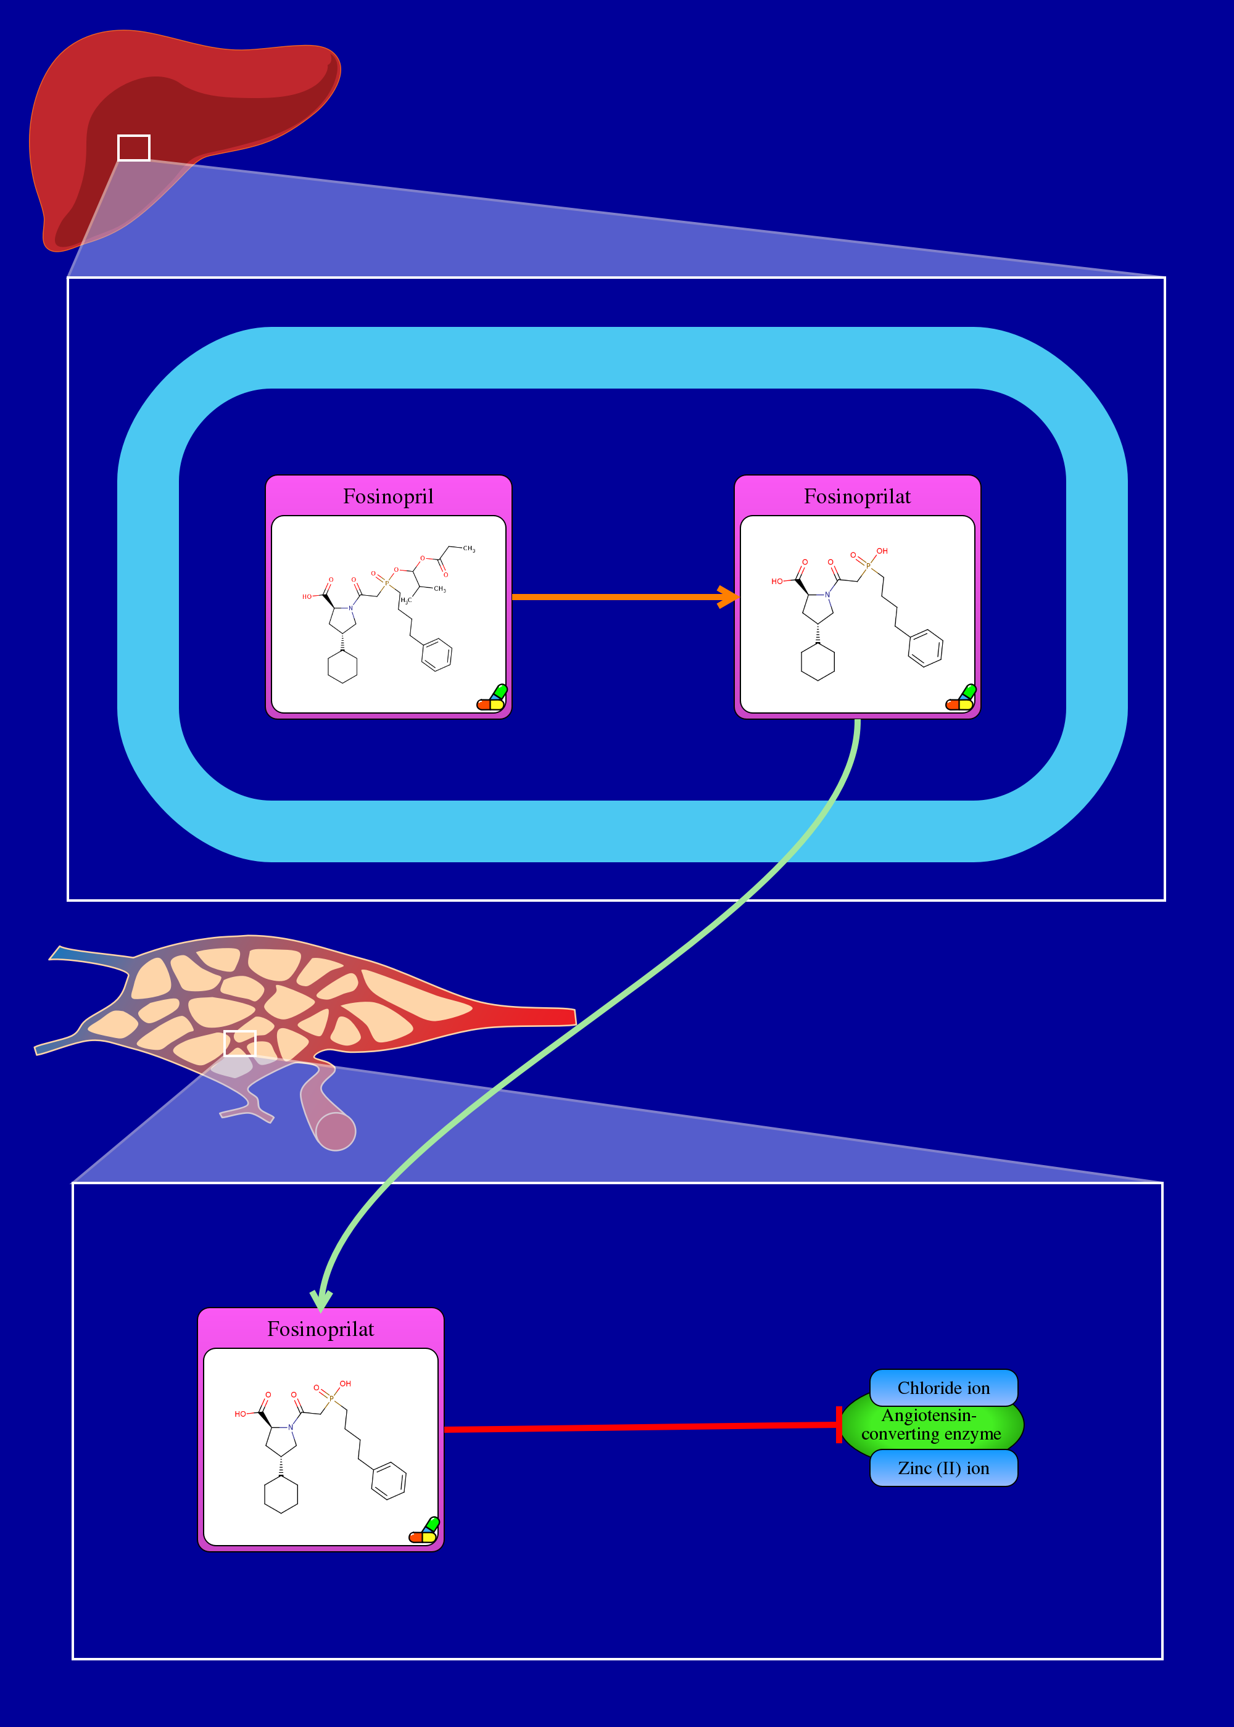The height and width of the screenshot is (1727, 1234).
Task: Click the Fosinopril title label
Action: tap(388, 497)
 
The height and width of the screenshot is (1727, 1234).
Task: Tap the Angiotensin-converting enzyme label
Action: tap(931, 1425)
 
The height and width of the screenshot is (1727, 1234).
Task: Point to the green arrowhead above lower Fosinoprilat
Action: tap(321, 1300)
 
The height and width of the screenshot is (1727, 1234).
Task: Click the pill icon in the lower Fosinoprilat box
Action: tap(424, 1530)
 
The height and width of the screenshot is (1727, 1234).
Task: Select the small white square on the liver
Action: tap(134, 148)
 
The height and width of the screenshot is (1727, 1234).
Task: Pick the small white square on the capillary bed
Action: tap(240, 1044)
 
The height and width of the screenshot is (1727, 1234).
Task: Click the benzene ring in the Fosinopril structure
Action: tap(437, 654)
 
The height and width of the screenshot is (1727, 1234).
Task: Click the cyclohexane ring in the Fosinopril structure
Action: tap(342, 667)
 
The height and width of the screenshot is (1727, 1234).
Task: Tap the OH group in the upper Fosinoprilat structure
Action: tap(882, 551)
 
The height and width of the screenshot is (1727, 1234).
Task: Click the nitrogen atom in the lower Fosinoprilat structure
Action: tap(290, 1427)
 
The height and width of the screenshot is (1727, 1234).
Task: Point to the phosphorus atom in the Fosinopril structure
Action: tap(387, 582)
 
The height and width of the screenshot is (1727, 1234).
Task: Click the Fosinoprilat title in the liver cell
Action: tap(857, 497)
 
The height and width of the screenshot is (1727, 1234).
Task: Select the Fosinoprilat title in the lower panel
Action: tap(321, 1329)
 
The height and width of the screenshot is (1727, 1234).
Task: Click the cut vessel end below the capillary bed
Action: tap(335, 1132)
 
